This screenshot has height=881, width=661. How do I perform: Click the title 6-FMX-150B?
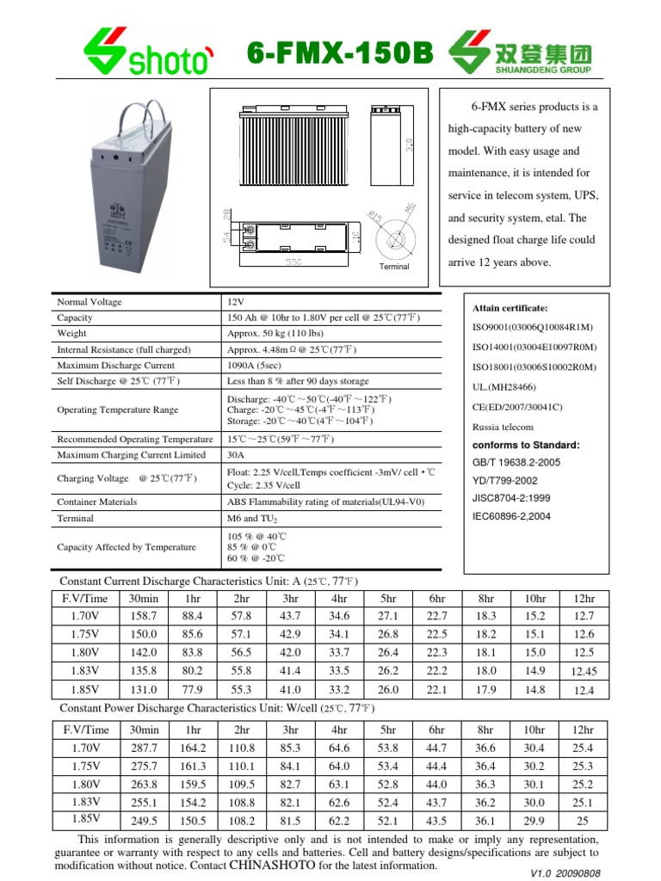coord(340,54)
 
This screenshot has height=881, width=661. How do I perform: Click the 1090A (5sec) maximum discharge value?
coord(256,365)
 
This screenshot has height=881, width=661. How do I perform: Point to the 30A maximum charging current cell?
coord(235,454)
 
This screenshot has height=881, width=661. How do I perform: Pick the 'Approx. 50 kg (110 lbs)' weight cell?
coord(275,333)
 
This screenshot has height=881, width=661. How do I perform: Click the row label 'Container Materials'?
coord(96,501)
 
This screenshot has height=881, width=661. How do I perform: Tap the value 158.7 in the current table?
coord(143,615)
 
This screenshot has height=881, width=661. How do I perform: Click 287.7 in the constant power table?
coord(143,749)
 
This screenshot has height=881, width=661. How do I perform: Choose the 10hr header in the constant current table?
coord(534,598)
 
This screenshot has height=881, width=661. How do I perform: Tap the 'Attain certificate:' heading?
coord(510,307)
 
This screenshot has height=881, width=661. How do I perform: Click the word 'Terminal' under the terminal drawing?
coord(394,267)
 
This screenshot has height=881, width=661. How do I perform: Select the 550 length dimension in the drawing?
coord(293,262)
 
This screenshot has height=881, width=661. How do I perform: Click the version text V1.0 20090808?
coord(565,872)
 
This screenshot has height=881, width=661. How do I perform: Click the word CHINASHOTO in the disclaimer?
coord(272,865)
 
